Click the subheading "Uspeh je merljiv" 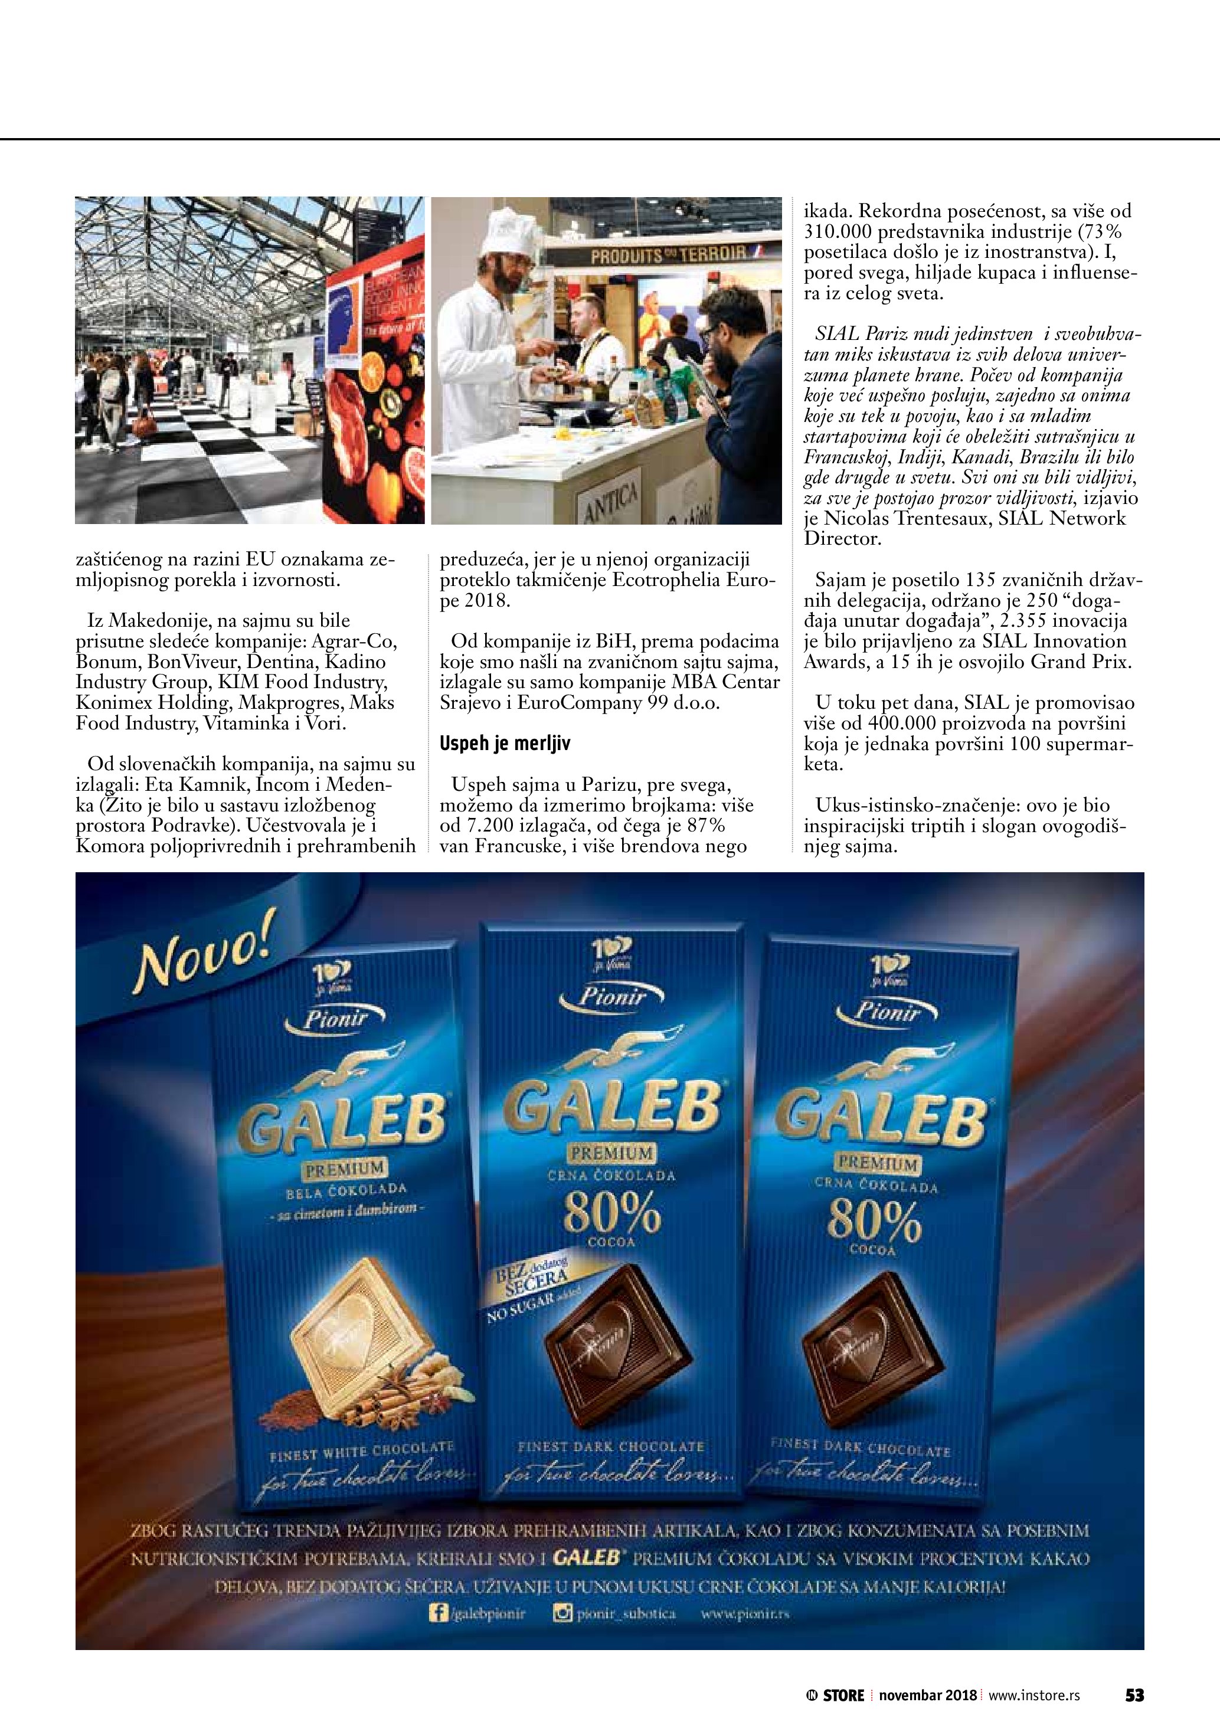505,744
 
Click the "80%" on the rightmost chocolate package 874,1222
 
